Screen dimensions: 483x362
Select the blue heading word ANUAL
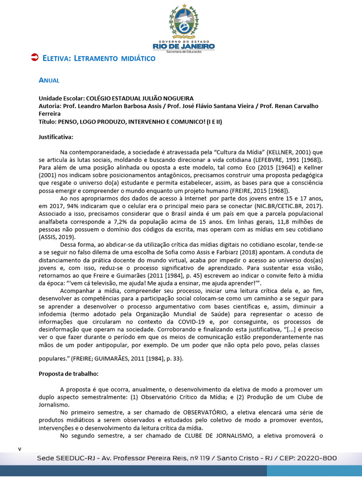[49, 80]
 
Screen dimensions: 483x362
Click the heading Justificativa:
[56, 137]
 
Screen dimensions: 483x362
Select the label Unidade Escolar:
[61, 98]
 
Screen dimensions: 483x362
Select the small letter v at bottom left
[19, 449]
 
